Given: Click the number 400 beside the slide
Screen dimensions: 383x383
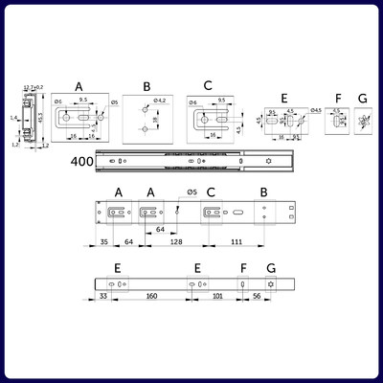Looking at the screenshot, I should [x=81, y=162].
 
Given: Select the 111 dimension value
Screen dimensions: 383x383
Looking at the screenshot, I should [x=235, y=243].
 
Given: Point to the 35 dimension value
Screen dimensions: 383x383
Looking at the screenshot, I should [x=102, y=243].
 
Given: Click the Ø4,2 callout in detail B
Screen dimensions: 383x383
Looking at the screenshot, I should [x=160, y=100].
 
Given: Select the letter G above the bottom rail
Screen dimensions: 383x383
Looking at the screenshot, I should [x=271, y=268].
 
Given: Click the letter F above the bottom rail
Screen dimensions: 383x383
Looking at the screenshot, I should [x=244, y=268].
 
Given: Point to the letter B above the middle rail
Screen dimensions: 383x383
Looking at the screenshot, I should [x=263, y=192].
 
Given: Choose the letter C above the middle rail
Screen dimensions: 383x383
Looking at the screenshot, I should [x=211, y=192].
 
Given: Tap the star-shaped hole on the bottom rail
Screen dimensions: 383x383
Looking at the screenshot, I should [x=271, y=285].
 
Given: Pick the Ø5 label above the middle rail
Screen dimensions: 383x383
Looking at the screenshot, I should [x=191, y=192].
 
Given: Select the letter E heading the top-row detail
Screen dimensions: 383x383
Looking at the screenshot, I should [x=283, y=98].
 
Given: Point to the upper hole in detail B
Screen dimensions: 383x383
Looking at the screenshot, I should [x=144, y=106].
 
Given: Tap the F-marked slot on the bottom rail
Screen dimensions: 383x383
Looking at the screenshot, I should [x=244, y=285].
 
